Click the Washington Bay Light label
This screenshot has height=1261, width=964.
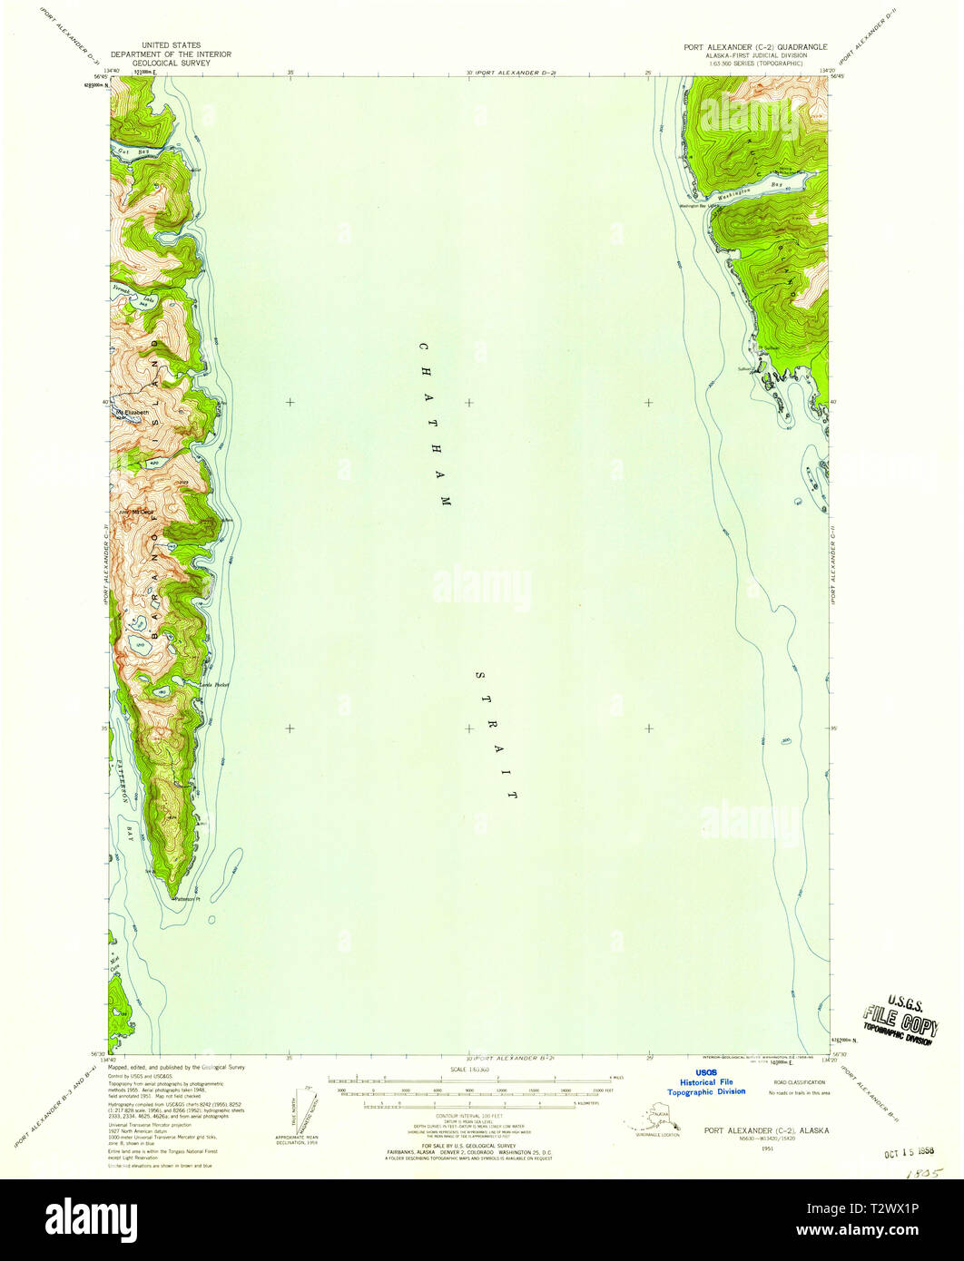tap(699, 204)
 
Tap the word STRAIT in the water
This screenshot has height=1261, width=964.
tap(496, 736)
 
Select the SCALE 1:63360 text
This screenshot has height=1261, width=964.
tap(468, 1070)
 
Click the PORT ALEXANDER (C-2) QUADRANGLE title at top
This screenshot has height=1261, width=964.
tap(755, 45)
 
